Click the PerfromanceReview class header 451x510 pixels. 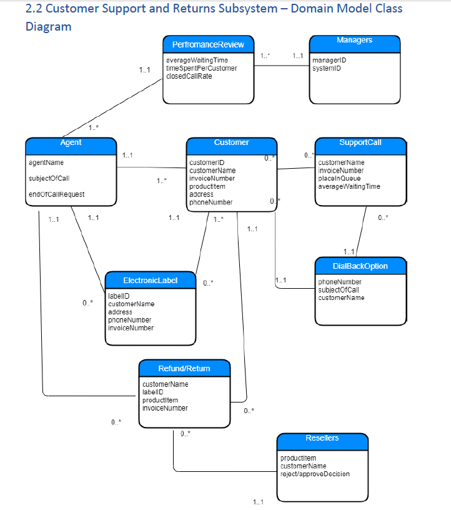[208, 44]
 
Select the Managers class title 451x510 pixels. [354, 41]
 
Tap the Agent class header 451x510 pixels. [71, 143]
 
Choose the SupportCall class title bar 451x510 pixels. [360, 142]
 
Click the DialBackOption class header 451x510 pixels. [360, 266]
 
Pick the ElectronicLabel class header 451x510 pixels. [150, 281]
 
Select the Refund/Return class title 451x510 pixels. [184, 368]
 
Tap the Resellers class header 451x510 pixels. [322, 439]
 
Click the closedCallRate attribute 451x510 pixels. [189, 76]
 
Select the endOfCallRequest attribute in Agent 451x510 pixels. [56, 194]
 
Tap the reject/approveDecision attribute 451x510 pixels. [315, 474]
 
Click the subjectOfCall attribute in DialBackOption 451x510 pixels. [339, 290]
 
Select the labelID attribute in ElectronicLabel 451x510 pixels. [119, 296]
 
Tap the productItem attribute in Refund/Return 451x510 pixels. [160, 400]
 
